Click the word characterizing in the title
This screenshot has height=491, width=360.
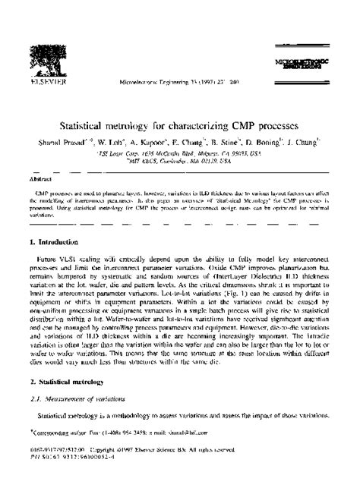coord(204,121)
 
